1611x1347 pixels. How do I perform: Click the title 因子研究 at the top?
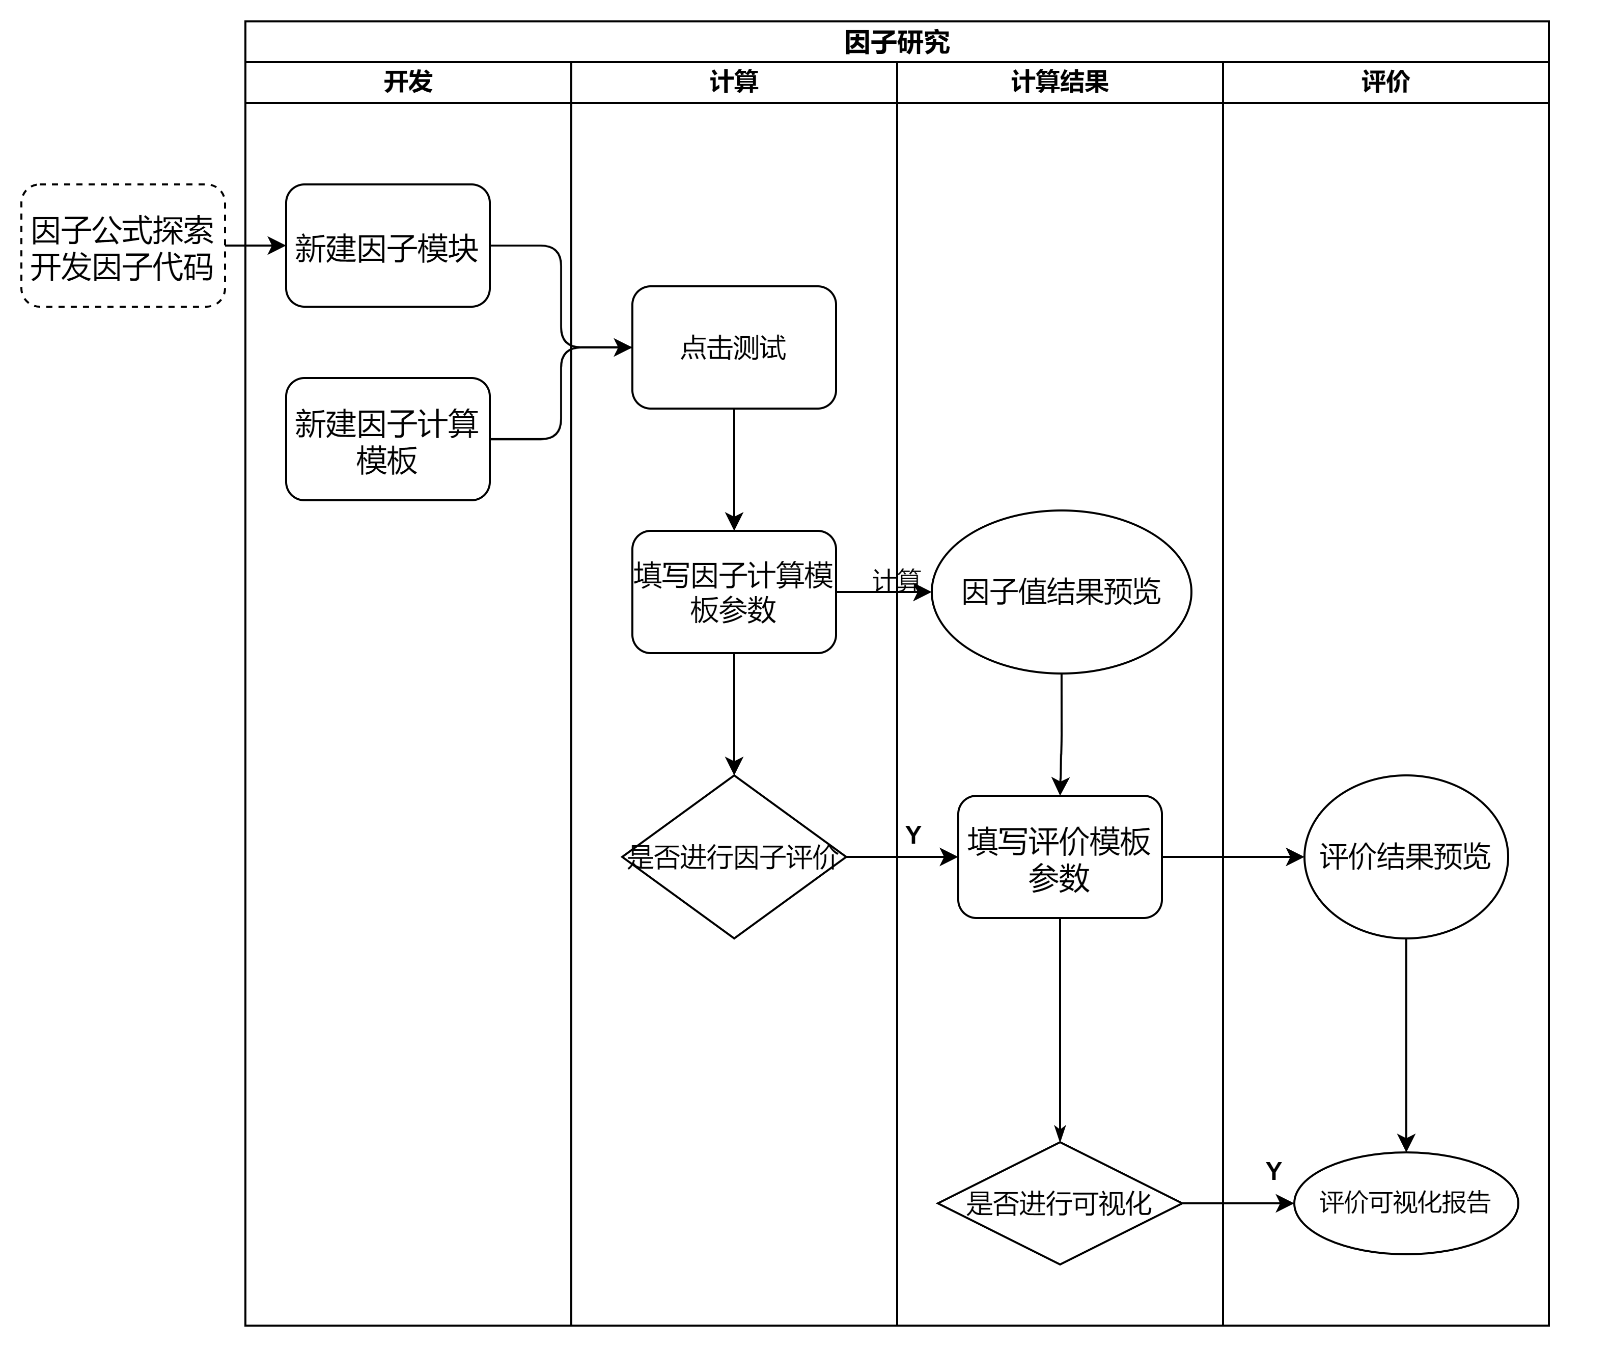(x=897, y=42)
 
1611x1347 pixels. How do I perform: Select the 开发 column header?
(x=408, y=82)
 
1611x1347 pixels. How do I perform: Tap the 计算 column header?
(x=733, y=82)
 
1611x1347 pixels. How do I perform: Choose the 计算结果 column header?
(x=1060, y=82)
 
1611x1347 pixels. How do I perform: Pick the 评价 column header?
(x=1385, y=82)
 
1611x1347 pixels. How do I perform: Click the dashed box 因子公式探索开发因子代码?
(x=123, y=246)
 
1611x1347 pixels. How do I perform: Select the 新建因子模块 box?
(x=387, y=246)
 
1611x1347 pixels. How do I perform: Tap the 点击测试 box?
(x=733, y=347)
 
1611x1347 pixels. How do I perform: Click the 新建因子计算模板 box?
(x=387, y=439)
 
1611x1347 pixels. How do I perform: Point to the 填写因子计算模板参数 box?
(x=733, y=592)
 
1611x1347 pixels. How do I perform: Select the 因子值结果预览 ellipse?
(x=1061, y=592)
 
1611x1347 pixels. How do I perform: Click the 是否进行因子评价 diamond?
(x=733, y=856)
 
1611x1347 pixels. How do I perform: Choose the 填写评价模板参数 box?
(x=1060, y=856)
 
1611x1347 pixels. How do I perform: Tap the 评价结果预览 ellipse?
(x=1405, y=856)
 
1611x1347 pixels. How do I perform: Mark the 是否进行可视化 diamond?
(x=1060, y=1203)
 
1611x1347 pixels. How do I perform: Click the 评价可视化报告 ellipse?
(x=1405, y=1203)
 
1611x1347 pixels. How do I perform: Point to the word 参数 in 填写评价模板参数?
(x=1060, y=877)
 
